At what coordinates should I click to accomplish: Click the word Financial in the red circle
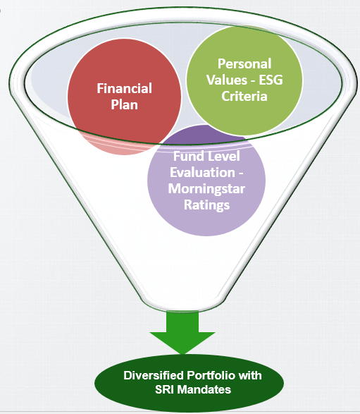(x=124, y=88)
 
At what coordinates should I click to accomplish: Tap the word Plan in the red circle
(x=124, y=104)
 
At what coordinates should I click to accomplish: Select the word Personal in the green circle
(x=244, y=64)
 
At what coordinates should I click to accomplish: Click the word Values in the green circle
(x=227, y=80)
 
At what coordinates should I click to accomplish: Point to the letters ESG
(x=271, y=80)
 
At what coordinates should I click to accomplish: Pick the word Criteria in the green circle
(x=244, y=96)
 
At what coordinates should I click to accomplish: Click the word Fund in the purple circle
(x=186, y=156)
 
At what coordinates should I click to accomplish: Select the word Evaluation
(x=203, y=172)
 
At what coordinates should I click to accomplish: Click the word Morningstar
(x=206, y=189)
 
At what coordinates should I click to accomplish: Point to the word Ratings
(x=206, y=205)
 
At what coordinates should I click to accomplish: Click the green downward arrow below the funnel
(x=182, y=333)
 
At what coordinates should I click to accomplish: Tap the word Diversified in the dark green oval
(x=154, y=375)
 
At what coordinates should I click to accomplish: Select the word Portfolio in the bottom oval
(x=211, y=375)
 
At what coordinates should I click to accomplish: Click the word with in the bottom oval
(x=250, y=375)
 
